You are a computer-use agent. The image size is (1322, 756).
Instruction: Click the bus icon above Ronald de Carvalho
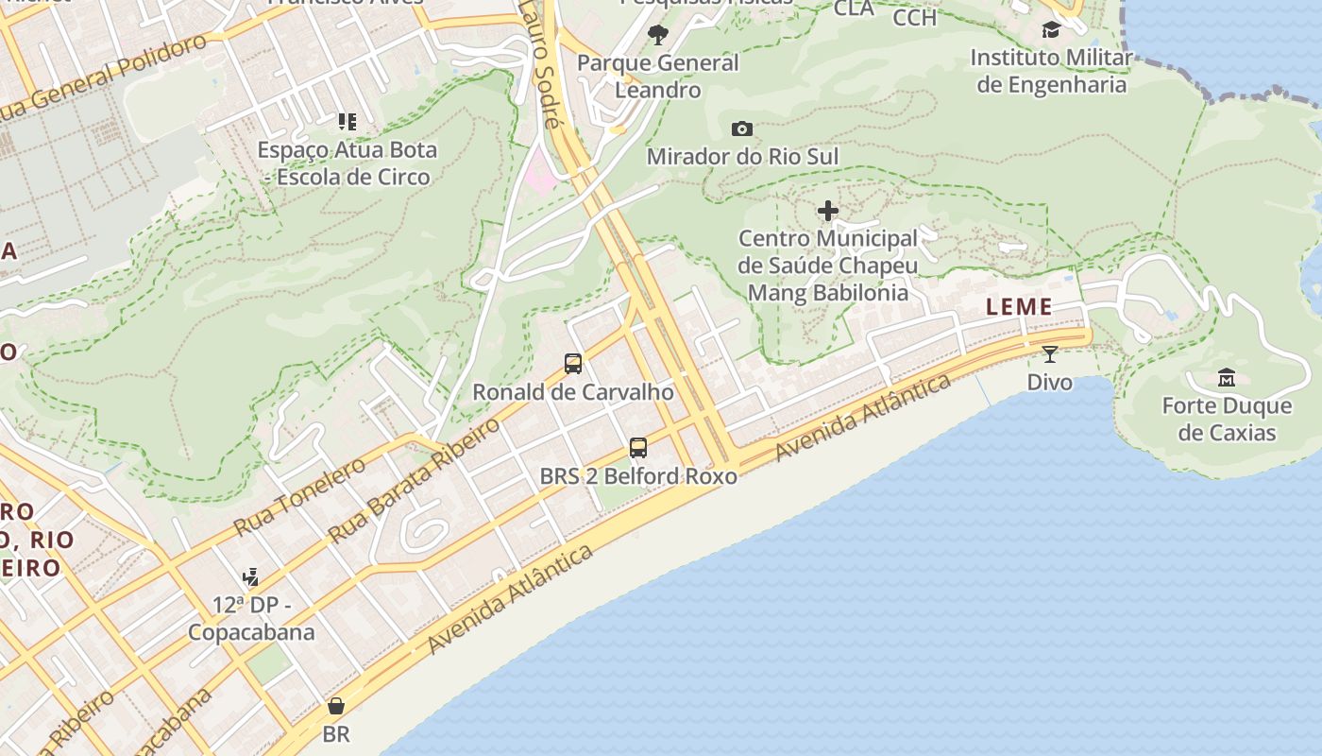point(572,363)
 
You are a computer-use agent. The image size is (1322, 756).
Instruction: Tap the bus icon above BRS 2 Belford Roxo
point(638,447)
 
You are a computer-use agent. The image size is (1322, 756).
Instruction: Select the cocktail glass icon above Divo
point(1049,354)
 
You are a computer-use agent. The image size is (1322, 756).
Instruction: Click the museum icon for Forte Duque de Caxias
point(1227,378)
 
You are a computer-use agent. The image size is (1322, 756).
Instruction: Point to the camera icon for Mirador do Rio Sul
point(742,129)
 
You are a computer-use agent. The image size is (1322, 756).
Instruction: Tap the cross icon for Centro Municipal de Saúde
point(828,211)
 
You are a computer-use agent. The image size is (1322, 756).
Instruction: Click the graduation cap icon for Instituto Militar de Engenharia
point(1051,30)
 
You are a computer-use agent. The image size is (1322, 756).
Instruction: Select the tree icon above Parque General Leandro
point(658,36)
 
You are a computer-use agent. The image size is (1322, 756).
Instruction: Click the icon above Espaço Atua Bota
point(347,121)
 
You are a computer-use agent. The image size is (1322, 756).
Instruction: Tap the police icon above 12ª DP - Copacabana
point(251,576)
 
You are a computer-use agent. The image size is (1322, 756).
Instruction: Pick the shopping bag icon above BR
point(335,706)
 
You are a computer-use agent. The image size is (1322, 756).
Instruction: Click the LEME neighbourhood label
point(1019,307)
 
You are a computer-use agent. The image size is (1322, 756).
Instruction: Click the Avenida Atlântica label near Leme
point(862,417)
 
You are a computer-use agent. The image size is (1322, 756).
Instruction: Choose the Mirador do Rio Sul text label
point(742,156)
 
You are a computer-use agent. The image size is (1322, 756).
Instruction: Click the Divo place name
point(1049,382)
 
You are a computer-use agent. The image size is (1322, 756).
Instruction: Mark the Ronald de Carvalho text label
point(572,391)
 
